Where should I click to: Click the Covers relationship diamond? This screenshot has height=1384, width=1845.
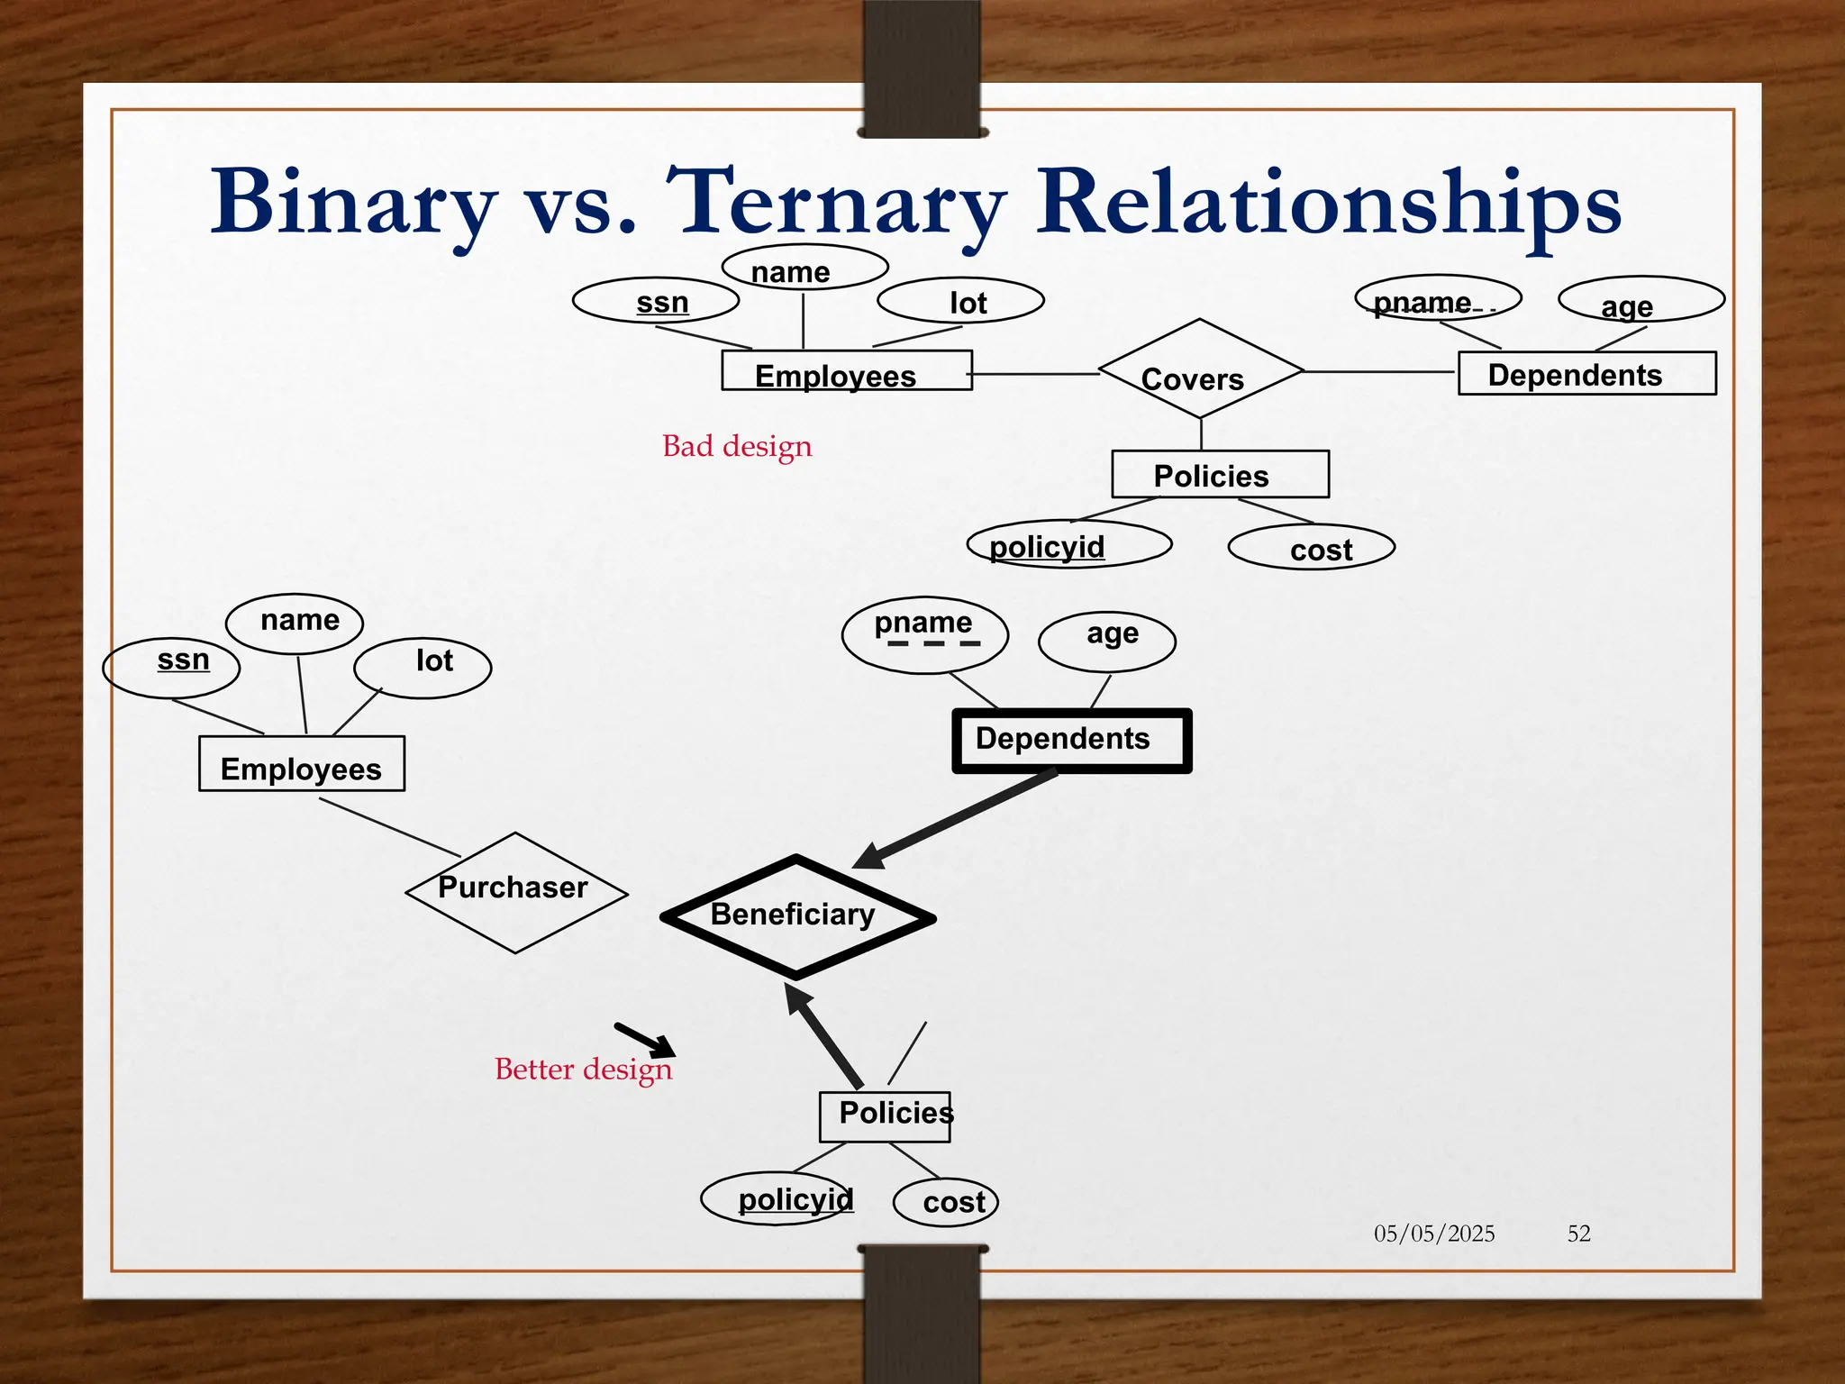point(1199,369)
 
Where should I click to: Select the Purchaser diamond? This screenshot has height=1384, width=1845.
point(515,892)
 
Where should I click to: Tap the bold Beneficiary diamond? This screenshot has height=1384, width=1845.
point(797,916)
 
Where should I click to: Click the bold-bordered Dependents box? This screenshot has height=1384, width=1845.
point(1072,741)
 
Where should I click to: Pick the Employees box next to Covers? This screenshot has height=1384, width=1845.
point(846,371)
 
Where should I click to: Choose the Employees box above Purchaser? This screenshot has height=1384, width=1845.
point(301,764)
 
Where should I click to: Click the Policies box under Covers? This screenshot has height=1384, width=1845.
point(1220,475)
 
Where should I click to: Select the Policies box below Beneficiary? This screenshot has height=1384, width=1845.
point(885,1116)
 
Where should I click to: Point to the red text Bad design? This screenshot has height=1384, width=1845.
point(737,446)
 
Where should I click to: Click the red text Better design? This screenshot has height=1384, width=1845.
point(583,1070)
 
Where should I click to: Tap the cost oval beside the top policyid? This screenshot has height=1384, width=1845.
point(1312,547)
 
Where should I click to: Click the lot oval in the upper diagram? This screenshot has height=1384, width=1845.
point(960,301)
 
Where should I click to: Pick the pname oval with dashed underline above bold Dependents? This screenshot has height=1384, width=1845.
point(924,634)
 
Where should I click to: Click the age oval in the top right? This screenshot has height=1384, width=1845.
point(1641,300)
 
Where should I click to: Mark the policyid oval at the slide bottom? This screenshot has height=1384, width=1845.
point(777,1198)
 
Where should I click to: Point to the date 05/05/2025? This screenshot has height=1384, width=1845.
point(1433,1234)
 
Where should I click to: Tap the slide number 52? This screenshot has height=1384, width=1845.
point(1578,1234)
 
